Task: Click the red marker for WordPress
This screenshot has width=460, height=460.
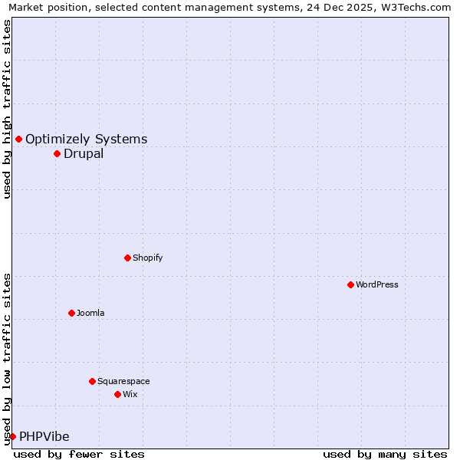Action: click(x=350, y=284)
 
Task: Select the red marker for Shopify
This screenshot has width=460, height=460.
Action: click(x=127, y=258)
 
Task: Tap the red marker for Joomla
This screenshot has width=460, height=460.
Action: click(x=71, y=313)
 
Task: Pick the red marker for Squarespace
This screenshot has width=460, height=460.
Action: click(x=92, y=381)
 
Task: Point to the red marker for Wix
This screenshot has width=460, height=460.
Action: click(x=117, y=394)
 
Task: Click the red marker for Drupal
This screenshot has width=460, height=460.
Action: click(x=57, y=153)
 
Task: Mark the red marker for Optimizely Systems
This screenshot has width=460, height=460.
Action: click(x=18, y=139)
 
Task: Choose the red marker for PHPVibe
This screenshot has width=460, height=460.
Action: click(x=12, y=436)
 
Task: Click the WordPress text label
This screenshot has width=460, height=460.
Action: click(x=377, y=284)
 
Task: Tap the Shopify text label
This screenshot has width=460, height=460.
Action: click(x=148, y=258)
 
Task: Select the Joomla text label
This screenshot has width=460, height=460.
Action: click(x=90, y=313)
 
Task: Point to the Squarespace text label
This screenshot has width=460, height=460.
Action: click(x=123, y=381)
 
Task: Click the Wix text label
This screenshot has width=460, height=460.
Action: click(x=130, y=394)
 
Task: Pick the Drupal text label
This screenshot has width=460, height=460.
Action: click(x=84, y=153)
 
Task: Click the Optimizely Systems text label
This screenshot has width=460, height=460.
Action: click(x=87, y=139)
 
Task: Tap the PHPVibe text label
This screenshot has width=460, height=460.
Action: click(x=44, y=436)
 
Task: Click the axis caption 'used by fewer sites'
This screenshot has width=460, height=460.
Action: click(x=79, y=454)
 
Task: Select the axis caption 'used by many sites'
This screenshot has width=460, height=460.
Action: click(x=385, y=454)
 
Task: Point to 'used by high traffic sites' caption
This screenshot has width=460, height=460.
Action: click(x=7, y=109)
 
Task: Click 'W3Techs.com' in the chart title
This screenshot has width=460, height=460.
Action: click(x=421, y=7)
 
